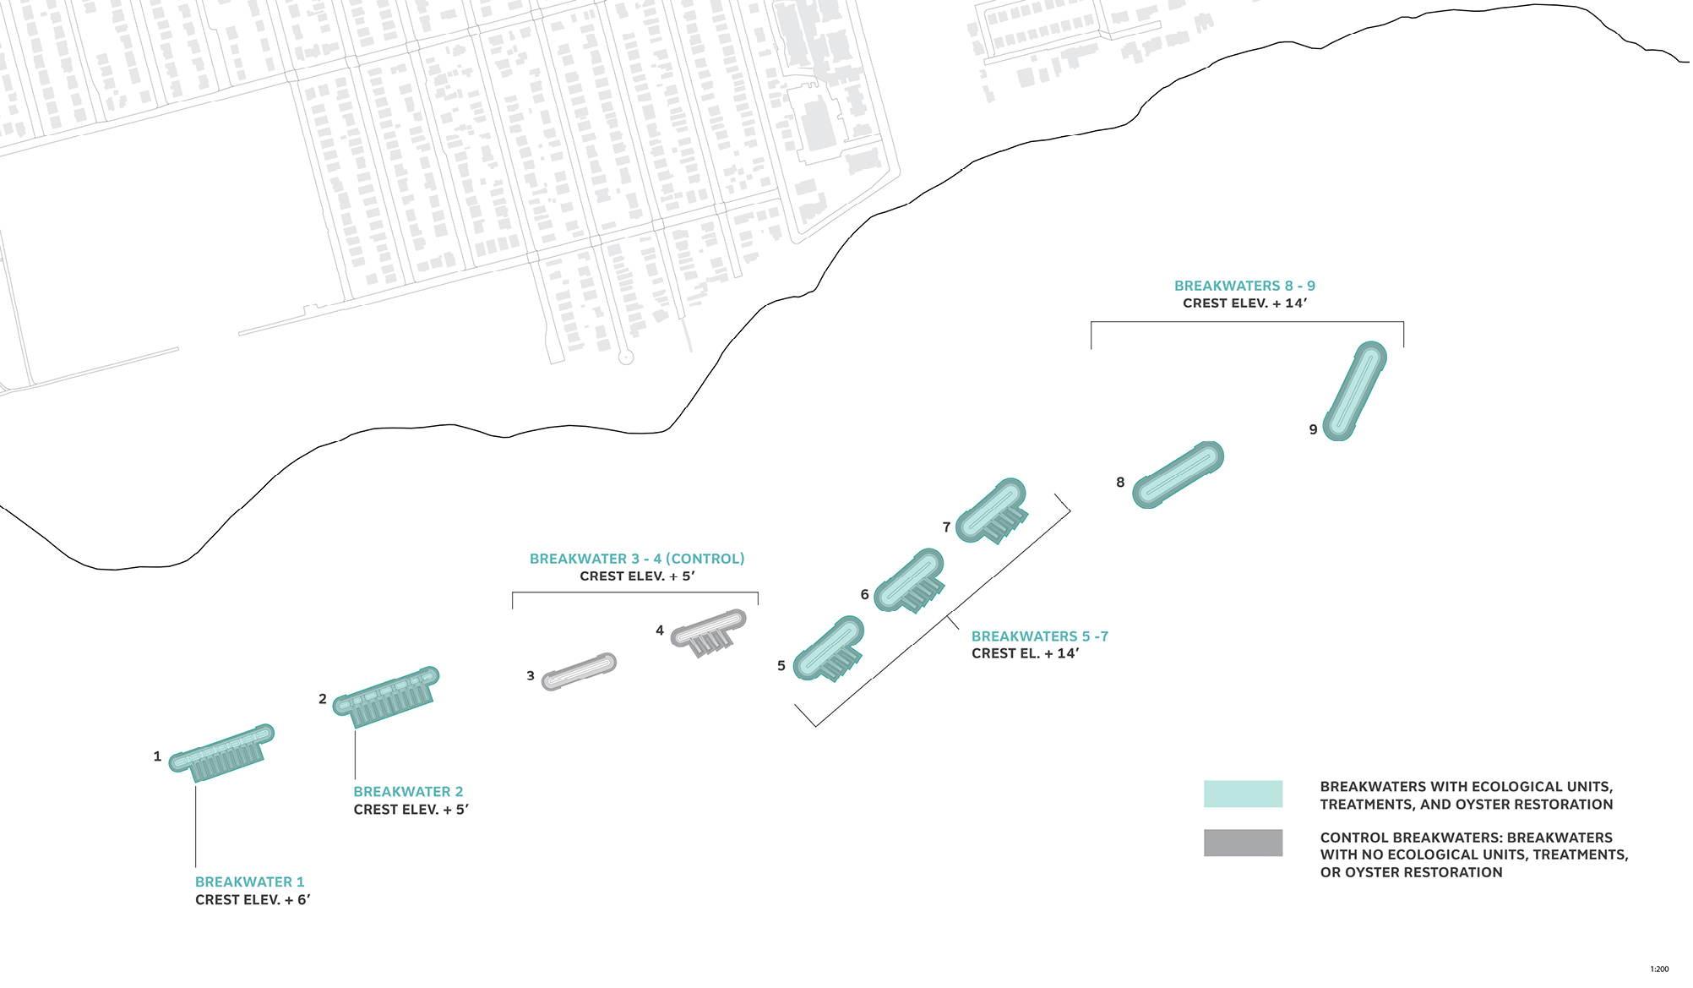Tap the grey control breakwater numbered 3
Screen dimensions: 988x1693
[579, 671]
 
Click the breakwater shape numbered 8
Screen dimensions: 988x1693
[1178, 474]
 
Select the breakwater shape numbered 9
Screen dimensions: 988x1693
[1354, 390]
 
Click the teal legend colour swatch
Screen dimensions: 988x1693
[1243, 794]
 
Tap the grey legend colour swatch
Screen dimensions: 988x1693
[1243, 843]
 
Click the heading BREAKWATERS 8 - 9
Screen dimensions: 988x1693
[1244, 286]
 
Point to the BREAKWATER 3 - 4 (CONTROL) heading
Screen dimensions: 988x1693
[637, 559]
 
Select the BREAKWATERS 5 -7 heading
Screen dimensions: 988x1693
[1039, 636]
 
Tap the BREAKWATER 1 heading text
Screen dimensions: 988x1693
[250, 882]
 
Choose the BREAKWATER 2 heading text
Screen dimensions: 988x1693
[408, 792]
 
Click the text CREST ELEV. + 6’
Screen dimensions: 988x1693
[253, 900]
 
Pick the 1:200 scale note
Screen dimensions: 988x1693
[1659, 969]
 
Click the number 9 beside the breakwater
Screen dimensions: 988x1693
[1313, 429]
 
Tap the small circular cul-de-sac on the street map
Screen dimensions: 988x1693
[626, 358]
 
